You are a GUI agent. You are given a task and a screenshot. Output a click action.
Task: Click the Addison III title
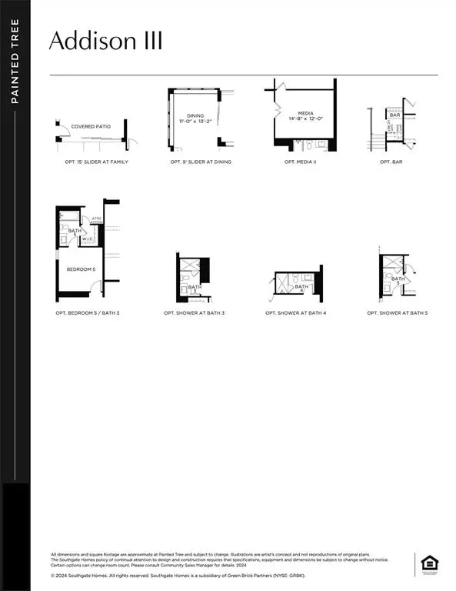click(105, 41)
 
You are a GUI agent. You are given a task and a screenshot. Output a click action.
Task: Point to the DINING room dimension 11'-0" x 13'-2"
click(192, 121)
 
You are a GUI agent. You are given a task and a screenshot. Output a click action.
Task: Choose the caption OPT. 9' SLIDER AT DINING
click(201, 162)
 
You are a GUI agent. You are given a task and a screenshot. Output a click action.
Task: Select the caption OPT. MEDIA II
click(301, 162)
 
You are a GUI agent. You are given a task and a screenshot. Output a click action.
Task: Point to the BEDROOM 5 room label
click(80, 269)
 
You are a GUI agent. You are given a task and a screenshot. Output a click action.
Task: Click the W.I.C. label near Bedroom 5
click(87, 239)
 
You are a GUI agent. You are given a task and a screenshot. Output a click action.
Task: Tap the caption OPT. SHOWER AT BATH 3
click(194, 313)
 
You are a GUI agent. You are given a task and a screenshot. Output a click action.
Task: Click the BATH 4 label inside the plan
click(300, 287)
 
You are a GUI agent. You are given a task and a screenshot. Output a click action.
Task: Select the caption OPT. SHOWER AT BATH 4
click(296, 313)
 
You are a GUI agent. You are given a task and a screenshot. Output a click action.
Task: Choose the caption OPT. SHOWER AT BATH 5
click(398, 313)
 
